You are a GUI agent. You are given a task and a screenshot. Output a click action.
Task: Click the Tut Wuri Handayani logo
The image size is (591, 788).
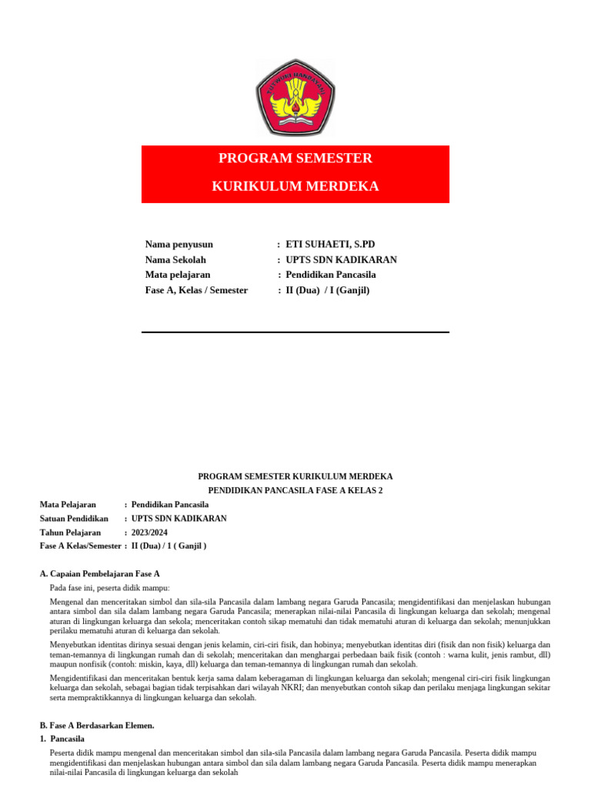(x=295, y=98)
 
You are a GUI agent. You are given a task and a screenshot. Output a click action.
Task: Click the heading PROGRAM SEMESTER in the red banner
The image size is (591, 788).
(x=295, y=159)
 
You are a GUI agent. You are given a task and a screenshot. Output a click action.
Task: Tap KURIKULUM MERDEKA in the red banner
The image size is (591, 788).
(x=295, y=187)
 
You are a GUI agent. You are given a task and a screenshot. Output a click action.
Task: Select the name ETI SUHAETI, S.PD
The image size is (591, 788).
(x=330, y=245)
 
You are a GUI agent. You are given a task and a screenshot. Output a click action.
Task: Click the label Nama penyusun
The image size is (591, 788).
(x=179, y=245)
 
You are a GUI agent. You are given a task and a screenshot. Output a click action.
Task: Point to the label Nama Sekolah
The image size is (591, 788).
(x=175, y=260)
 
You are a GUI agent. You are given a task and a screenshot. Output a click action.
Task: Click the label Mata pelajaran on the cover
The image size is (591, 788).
(x=178, y=275)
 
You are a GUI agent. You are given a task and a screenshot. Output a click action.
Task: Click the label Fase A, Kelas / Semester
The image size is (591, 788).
(x=196, y=290)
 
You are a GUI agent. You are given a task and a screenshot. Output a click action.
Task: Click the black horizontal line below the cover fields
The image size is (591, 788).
(x=295, y=332)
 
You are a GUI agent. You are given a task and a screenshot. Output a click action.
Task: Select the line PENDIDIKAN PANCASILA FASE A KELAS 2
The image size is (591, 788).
(x=295, y=490)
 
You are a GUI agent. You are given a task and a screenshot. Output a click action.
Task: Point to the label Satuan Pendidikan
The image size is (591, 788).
(x=74, y=519)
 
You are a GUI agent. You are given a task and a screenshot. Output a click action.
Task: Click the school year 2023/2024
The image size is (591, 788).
(x=149, y=533)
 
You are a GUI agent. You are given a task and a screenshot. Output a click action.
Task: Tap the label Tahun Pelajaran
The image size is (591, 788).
(x=70, y=533)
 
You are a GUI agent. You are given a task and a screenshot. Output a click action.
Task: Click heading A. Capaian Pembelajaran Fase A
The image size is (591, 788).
(x=99, y=574)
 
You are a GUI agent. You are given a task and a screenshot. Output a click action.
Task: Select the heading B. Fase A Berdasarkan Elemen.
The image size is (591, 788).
(x=97, y=725)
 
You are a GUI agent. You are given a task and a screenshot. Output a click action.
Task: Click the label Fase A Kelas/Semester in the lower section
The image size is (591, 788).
(x=80, y=546)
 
